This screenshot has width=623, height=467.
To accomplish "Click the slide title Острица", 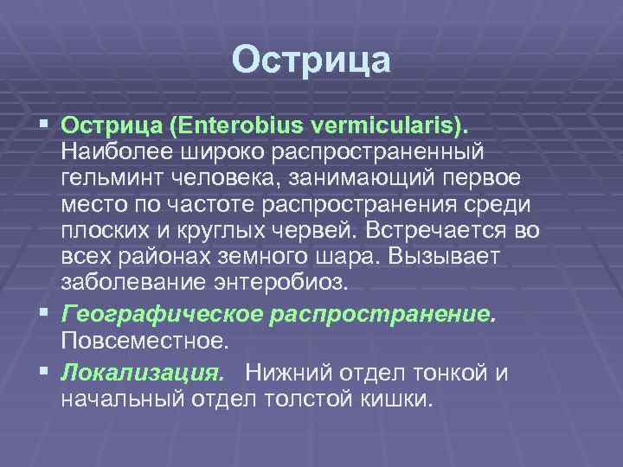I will tap(311, 61).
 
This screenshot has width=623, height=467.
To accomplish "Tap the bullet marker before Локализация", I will tap(43, 371).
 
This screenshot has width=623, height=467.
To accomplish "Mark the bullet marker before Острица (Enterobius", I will tap(43, 125).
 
